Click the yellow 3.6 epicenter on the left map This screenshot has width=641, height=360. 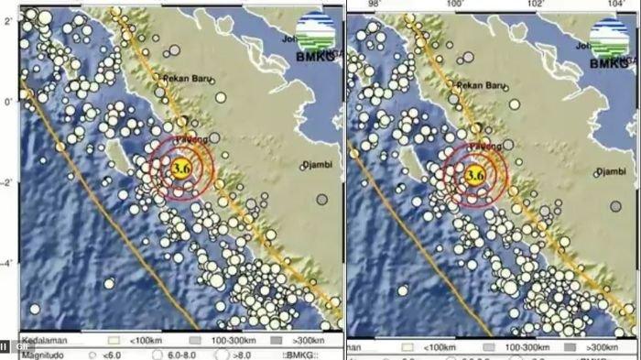181,168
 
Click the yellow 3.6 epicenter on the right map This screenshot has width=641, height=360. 474,174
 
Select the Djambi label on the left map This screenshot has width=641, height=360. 318,166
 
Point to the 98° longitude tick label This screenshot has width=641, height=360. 373,5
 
